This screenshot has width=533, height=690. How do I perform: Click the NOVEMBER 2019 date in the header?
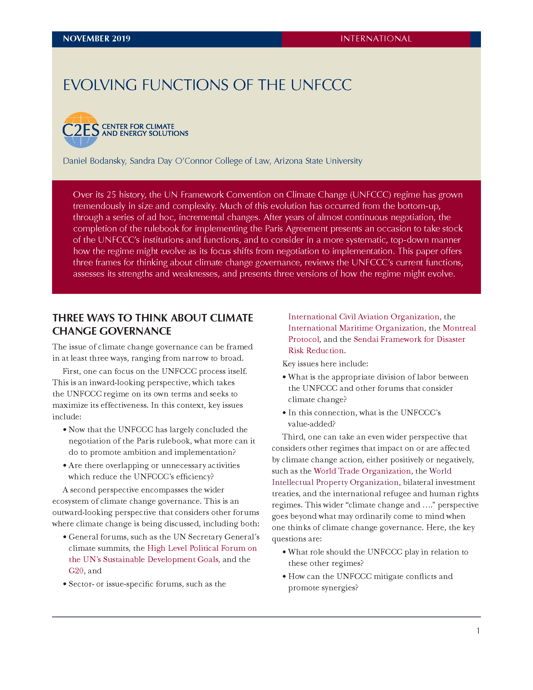click(x=97, y=39)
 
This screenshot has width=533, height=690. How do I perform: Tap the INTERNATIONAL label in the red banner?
click(x=376, y=39)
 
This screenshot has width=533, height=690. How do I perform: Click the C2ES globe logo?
click(x=81, y=130)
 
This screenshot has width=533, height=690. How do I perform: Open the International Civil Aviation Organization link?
click(x=364, y=316)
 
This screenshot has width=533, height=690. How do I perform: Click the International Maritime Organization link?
click(x=356, y=328)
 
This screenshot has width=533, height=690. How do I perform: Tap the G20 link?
click(x=76, y=571)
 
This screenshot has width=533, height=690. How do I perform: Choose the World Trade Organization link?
click(x=362, y=471)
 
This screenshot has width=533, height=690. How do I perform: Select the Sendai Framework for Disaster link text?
click(x=409, y=339)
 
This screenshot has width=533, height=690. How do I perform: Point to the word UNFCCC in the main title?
click(x=321, y=85)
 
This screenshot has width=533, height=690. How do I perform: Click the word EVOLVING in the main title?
click(x=100, y=85)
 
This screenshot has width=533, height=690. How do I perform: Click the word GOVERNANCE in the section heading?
click(x=135, y=331)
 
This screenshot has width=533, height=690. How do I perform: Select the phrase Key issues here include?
click(x=325, y=364)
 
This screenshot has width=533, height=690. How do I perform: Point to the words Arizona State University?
click(x=318, y=161)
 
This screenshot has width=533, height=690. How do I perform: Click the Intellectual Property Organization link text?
click(x=335, y=482)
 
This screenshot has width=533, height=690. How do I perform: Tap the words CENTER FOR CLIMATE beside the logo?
click(x=138, y=126)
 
